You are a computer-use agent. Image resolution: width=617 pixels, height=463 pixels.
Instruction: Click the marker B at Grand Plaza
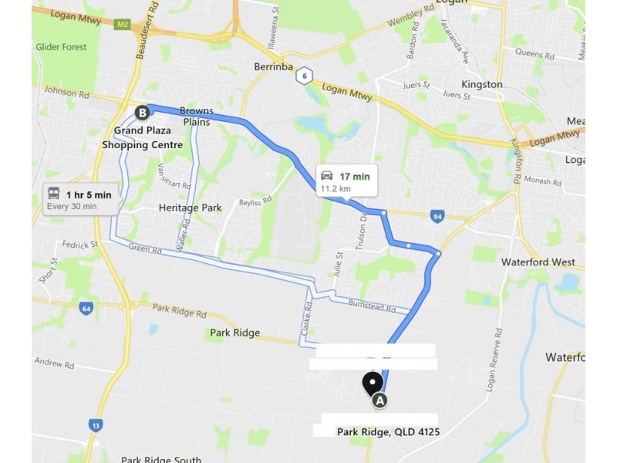tap(142, 113)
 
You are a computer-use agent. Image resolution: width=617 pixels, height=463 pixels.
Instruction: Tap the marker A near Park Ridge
tap(379, 400)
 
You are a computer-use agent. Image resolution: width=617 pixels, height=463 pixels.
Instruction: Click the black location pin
tap(373, 383)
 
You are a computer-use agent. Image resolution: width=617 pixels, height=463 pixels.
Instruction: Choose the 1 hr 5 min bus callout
tap(81, 199)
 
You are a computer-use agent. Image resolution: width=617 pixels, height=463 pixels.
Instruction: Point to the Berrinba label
tap(273, 67)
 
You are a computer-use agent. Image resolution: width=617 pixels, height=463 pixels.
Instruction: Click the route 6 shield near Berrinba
tap(305, 76)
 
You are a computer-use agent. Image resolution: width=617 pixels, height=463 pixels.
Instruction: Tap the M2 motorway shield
tap(122, 25)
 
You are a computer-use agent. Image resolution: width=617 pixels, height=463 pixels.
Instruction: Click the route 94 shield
tap(437, 217)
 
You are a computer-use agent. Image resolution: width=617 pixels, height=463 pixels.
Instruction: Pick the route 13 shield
tap(95, 424)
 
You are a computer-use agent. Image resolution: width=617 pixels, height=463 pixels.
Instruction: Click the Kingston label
tap(482, 84)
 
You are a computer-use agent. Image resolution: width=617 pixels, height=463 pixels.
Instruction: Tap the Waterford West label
tap(538, 262)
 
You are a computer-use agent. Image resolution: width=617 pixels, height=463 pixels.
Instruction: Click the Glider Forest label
tap(61, 47)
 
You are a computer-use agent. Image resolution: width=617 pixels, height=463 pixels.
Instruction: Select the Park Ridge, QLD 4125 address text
tap(388, 432)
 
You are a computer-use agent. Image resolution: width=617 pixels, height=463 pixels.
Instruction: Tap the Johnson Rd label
tap(61, 92)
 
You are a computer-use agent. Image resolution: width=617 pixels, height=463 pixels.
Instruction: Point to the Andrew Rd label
tap(53, 363)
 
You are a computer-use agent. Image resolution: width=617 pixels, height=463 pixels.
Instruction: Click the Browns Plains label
tap(196, 116)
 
